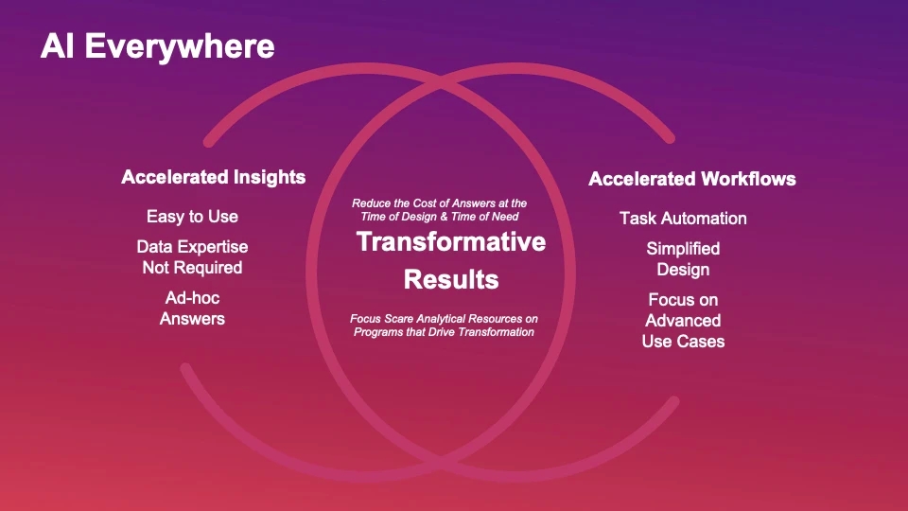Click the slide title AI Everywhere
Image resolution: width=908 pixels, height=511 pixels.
point(158,47)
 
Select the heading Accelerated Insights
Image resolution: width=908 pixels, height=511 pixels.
point(213,177)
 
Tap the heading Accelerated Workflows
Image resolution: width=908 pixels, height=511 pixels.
point(692,179)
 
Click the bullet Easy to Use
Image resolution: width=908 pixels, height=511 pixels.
point(192,217)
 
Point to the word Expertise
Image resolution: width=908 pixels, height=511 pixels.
point(212,247)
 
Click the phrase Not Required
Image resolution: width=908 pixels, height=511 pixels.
point(192,268)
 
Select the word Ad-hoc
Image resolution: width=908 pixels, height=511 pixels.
point(192,298)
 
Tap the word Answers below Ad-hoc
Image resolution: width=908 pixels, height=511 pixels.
point(192,319)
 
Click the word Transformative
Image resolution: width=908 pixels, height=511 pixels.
point(451,241)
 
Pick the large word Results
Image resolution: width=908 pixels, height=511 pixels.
point(451,279)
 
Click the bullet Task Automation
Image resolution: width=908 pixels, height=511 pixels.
point(683,219)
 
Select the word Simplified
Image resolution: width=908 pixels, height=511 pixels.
point(683,249)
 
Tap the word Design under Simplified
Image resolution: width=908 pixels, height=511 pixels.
point(683,270)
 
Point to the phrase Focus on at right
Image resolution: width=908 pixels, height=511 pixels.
point(683,300)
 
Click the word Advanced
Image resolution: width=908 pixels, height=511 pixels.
point(683,321)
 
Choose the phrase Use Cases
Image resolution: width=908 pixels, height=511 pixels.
point(683,342)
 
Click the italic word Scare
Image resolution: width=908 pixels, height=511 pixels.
point(398,319)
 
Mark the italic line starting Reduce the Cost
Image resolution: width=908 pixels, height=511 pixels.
point(440,203)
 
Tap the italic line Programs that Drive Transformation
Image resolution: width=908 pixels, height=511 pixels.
point(445,332)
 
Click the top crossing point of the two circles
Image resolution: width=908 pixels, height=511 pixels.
point(441,85)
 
